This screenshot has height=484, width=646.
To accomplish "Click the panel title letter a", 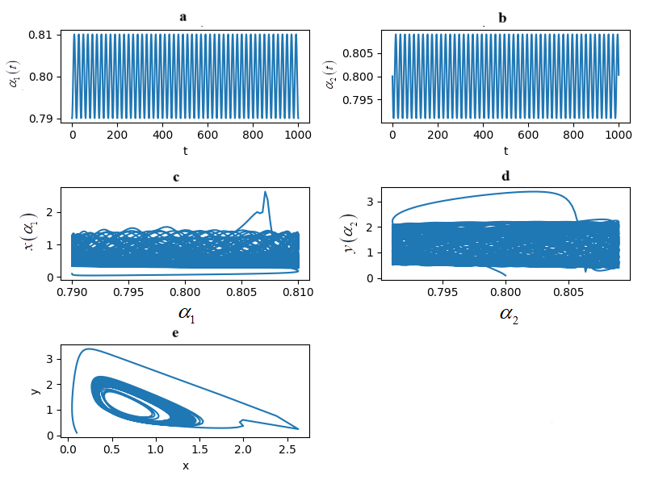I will [x=183, y=17].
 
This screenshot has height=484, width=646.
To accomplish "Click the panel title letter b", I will [x=502, y=18].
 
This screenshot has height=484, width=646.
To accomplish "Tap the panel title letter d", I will [x=505, y=176].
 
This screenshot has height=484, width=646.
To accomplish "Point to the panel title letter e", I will [x=175, y=333].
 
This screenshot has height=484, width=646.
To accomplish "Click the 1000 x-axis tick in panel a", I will [x=298, y=136].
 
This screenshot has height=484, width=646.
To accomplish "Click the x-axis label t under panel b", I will [x=505, y=151].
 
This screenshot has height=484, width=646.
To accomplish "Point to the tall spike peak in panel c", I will [x=265, y=192].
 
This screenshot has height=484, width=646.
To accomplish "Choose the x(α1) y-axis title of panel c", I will [x=30, y=232].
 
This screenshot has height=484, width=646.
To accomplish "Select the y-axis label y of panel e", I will [x=35, y=390].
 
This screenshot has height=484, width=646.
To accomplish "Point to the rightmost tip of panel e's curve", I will [x=298, y=428].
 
